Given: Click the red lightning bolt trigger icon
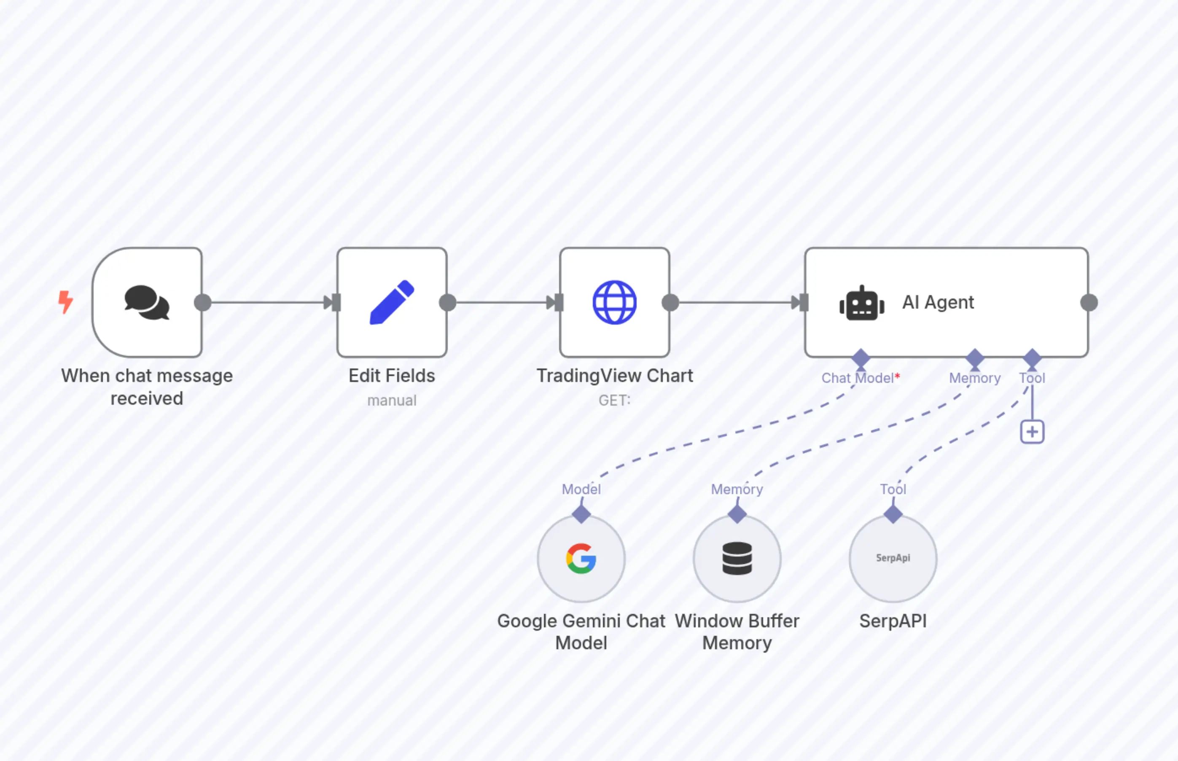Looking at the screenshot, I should point(65,302).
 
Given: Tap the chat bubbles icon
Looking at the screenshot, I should point(147,302).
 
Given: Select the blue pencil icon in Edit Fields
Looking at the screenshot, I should point(392,302).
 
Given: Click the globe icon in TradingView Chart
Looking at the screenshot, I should point(614,302).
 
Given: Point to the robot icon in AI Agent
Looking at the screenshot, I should point(862,303).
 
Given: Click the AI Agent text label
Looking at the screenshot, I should point(938,302).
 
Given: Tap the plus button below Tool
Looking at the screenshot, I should point(1032,432).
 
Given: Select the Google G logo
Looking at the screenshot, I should point(581,558).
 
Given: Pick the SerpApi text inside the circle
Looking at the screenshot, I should point(893,558).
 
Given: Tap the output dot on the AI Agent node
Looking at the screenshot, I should point(1089,302).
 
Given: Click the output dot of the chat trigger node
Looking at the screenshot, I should point(203,302).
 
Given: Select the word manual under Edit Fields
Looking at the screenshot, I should point(392,400).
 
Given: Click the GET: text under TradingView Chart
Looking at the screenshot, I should point(614,400).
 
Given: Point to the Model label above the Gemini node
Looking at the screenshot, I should point(581,489).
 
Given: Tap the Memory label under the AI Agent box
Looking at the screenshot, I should point(974,378).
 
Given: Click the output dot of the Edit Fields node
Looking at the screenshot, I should point(448,302).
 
